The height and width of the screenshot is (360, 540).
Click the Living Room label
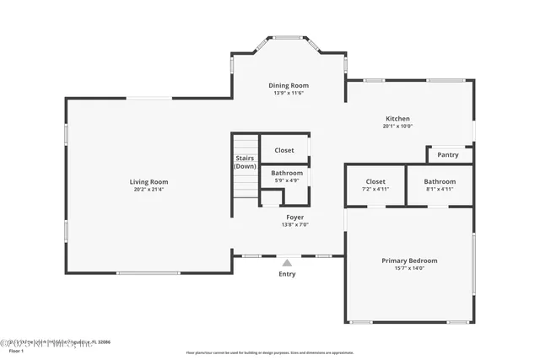tap(148, 182)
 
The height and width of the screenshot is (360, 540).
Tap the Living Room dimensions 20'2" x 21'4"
tap(148, 190)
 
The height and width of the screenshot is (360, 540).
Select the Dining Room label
tap(289, 85)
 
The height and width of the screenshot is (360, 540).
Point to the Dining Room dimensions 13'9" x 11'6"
tap(289, 93)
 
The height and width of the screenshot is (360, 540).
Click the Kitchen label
tap(397, 119)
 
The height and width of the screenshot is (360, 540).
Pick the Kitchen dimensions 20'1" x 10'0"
tap(397, 126)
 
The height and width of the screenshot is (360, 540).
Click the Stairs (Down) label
tap(245, 162)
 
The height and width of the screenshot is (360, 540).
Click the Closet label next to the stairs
tap(284, 150)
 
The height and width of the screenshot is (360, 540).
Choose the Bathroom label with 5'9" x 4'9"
tap(285, 173)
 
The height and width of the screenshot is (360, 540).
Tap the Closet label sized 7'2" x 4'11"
tap(375, 181)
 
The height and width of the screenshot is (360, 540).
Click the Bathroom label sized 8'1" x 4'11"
tap(440, 181)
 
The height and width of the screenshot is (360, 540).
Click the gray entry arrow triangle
tap(287, 263)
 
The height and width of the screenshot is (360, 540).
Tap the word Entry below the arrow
tap(287, 274)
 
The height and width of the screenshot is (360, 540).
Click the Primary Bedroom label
tap(409, 261)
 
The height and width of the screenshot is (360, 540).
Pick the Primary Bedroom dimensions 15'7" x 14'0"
tap(409, 269)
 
